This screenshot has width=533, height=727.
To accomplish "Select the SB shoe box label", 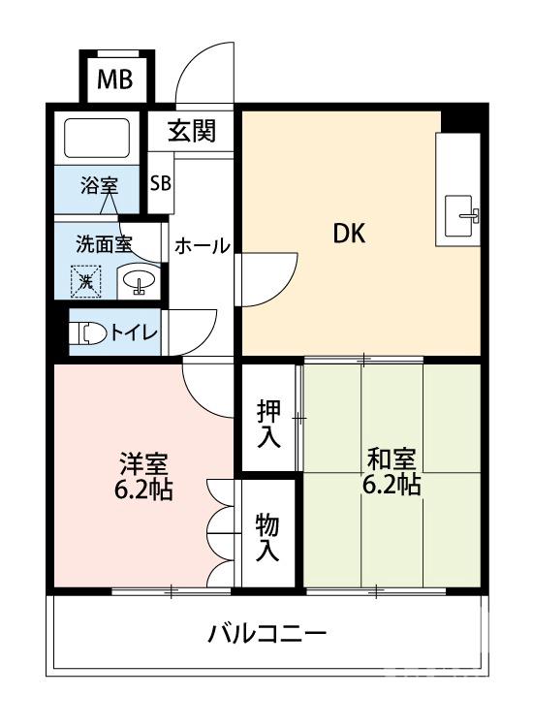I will (160, 182).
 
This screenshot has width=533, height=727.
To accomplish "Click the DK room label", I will (350, 234).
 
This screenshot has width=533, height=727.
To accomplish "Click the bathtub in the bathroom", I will (97, 139).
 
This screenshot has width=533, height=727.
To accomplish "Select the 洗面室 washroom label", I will (105, 243).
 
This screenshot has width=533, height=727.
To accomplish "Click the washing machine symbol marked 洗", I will (87, 281).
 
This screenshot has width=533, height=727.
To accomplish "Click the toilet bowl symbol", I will (91, 332).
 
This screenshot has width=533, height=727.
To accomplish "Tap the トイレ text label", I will (133, 332).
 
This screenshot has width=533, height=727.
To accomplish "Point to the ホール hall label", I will (202, 246).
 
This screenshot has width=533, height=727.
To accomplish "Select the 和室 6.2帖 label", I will (392, 469).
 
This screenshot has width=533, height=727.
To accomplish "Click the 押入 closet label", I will (268, 424).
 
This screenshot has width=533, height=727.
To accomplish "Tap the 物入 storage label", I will (267, 538).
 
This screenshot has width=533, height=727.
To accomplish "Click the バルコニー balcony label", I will (266, 635).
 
